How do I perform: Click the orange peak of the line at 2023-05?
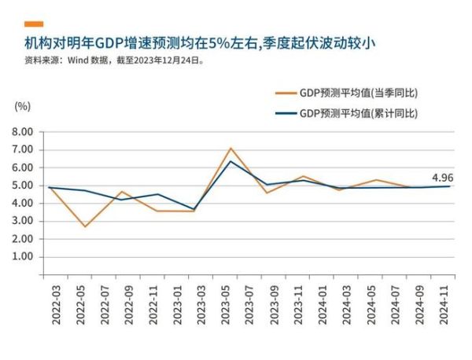point(230,148)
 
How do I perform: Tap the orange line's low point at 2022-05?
point(84,226)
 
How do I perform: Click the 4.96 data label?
point(443,177)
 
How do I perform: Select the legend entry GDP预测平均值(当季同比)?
point(358,93)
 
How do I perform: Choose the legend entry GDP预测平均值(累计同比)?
point(358,113)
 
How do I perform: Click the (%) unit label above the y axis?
point(22,105)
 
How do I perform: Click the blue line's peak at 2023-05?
point(230,161)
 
